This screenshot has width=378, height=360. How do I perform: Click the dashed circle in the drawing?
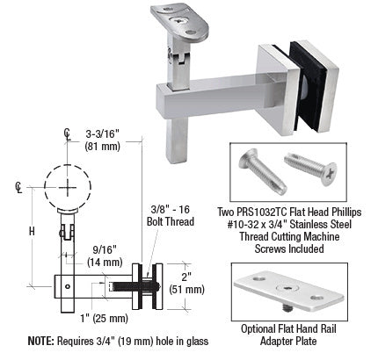66,186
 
